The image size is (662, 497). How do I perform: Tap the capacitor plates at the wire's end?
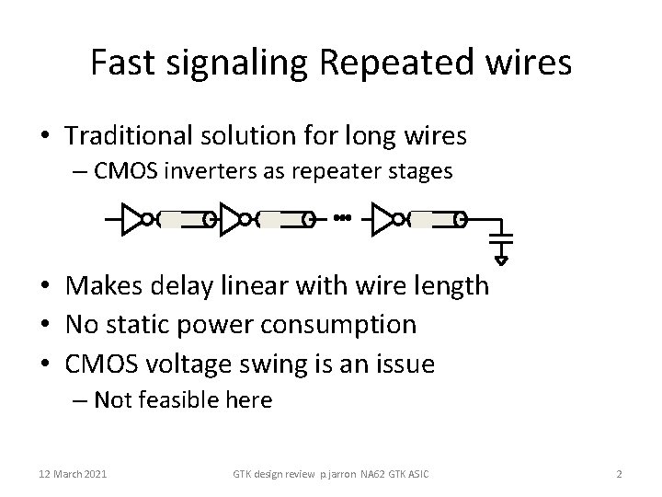pyautogui.click(x=500, y=238)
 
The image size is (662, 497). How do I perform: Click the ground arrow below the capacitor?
pyautogui.click(x=500, y=259)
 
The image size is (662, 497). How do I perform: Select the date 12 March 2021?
pyautogui.click(x=73, y=473)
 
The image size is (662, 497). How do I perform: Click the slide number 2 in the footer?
pyautogui.click(x=619, y=473)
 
